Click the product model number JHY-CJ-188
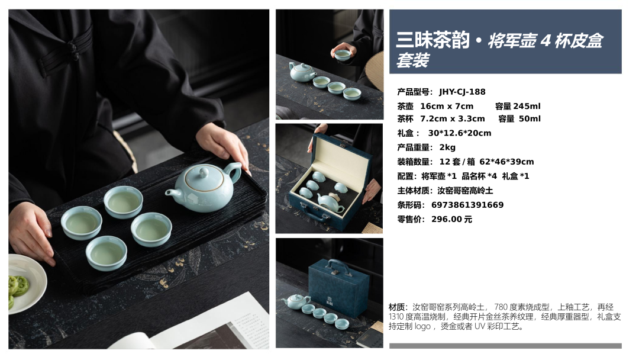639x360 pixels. (x=462, y=92)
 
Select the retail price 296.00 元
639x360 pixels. (x=451, y=219)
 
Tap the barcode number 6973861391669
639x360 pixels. (x=467, y=205)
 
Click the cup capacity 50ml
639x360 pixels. (x=530, y=118)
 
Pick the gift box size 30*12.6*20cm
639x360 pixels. (x=460, y=133)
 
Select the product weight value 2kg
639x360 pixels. (x=447, y=147)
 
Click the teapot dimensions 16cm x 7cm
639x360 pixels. (x=447, y=107)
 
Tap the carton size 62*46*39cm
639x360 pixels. (x=506, y=162)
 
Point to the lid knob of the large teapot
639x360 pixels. (x=204, y=172)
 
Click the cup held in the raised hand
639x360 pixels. (x=343, y=54)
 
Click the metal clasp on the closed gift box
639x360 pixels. (x=335, y=272)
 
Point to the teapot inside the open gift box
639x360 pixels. (x=330, y=202)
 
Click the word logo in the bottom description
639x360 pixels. (x=422, y=327)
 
